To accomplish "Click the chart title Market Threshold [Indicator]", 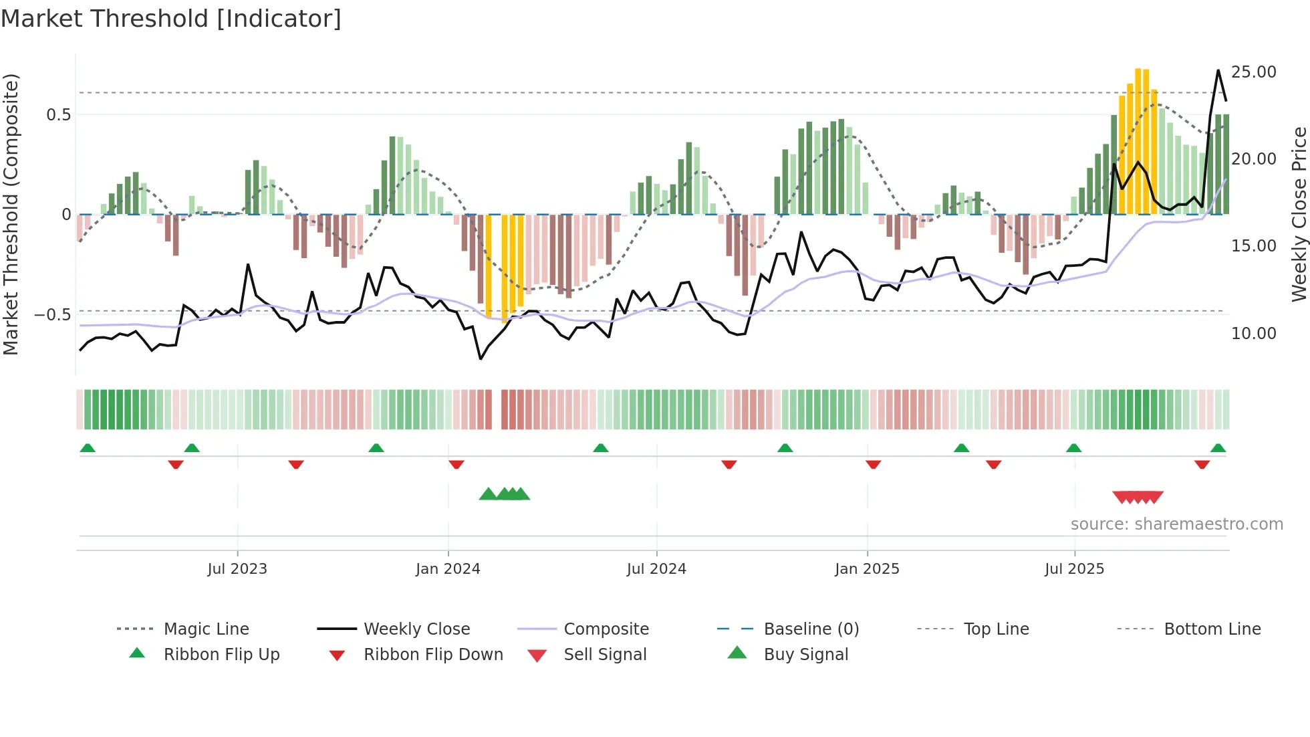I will click(x=171, y=19).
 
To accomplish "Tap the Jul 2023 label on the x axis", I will click(x=237, y=569).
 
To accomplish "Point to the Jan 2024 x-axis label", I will click(x=448, y=569).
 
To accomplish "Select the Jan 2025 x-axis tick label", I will click(x=867, y=569).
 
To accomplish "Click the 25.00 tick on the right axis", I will click(x=1253, y=72).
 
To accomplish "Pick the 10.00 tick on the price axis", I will click(x=1253, y=333).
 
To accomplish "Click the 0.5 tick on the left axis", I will click(x=58, y=115).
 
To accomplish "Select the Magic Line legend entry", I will click(x=206, y=629).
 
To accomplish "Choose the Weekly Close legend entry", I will click(x=416, y=629).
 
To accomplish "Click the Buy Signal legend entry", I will click(x=805, y=655).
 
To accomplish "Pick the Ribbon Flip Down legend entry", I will click(x=432, y=655).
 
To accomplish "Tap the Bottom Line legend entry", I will click(x=1212, y=629).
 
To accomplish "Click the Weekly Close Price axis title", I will click(x=1299, y=214).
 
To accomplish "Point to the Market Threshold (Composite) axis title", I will click(x=11, y=214).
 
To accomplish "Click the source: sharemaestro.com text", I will click(x=1176, y=524).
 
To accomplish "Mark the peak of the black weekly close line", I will click(x=1218, y=70).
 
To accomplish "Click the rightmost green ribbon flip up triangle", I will click(x=1218, y=448).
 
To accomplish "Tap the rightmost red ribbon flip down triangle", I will click(x=1202, y=464).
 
